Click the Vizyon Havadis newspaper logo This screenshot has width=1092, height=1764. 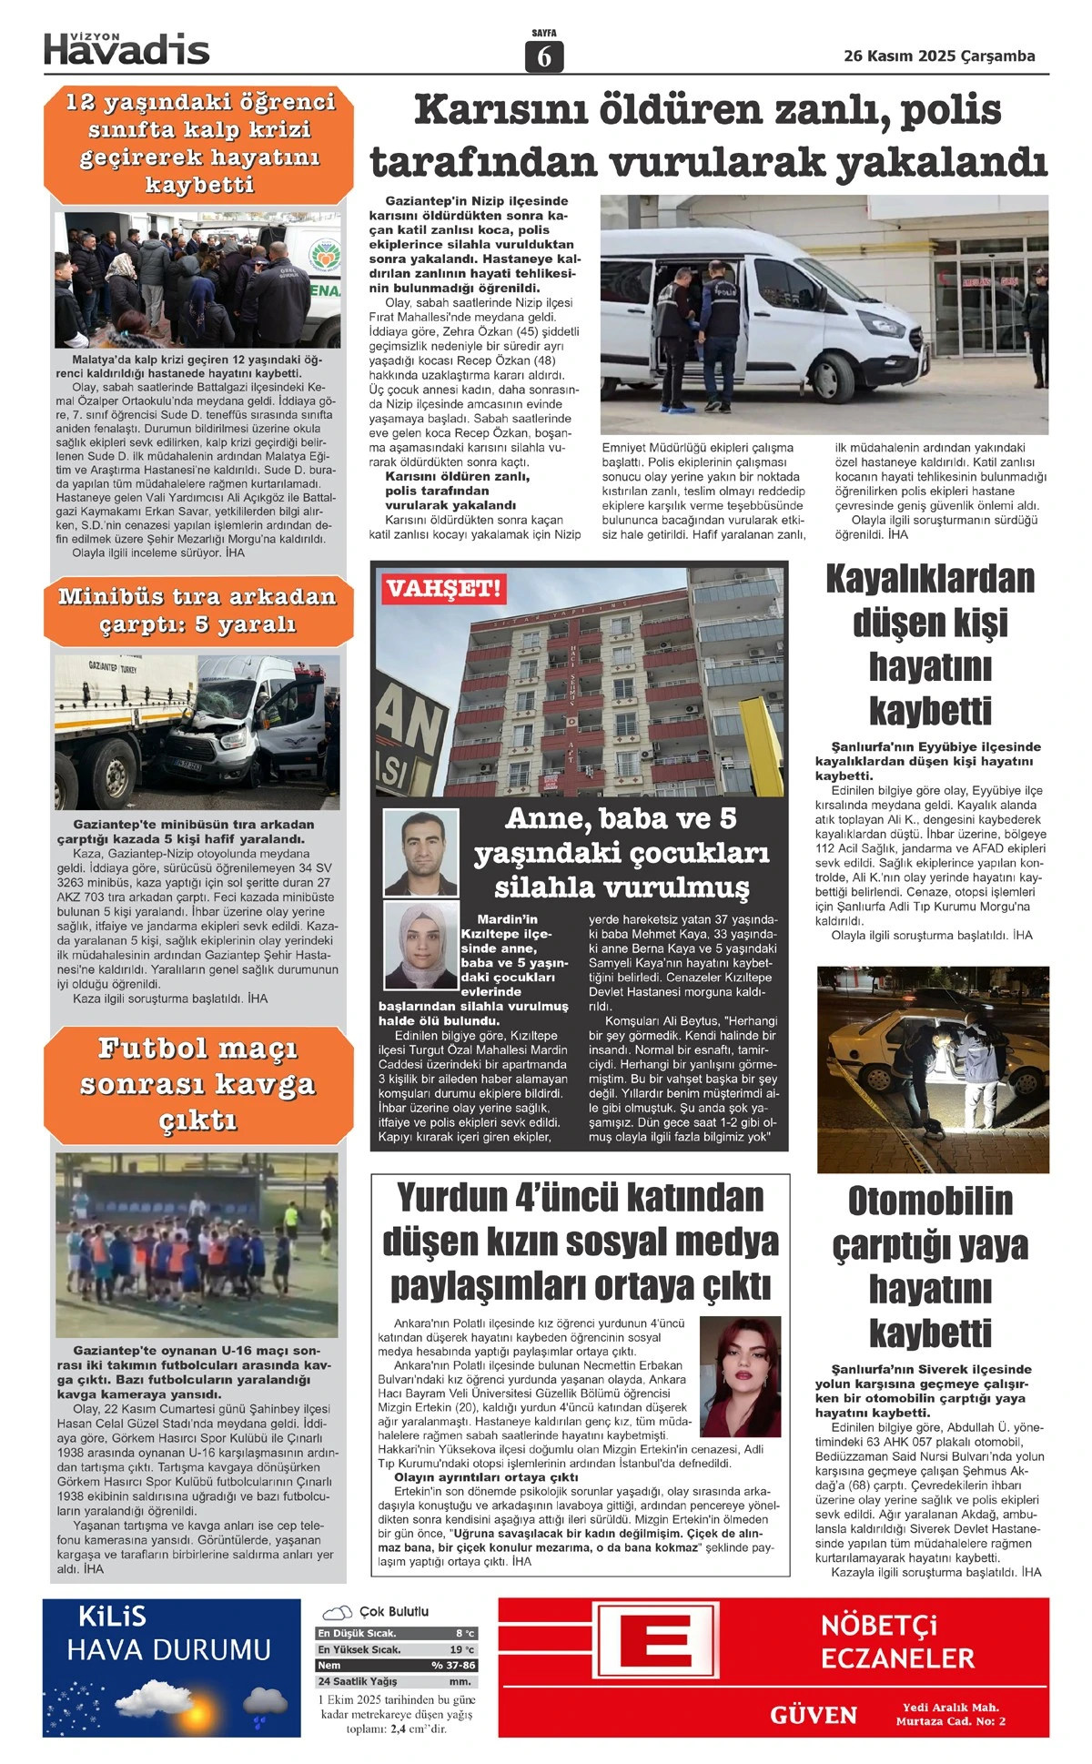[x=126, y=48]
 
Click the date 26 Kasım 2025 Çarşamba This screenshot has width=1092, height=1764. [x=939, y=56]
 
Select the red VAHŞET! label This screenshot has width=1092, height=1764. [x=442, y=588]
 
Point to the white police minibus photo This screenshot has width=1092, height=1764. [x=824, y=314]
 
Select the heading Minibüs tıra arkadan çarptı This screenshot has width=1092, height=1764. [x=197, y=611]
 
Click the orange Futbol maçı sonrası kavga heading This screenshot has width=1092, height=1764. [x=197, y=1084]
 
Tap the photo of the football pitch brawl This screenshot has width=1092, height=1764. [x=197, y=1244]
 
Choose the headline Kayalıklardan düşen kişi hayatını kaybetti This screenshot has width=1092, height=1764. [x=930, y=644]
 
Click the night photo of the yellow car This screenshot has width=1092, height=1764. [x=933, y=1070]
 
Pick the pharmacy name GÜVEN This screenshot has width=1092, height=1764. [x=813, y=1715]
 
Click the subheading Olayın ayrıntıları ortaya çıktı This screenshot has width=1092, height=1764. [x=486, y=1476]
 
